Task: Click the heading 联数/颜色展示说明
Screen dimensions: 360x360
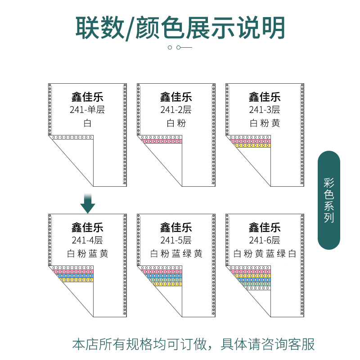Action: coord(180,28)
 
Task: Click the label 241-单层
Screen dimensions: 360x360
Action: coord(87,109)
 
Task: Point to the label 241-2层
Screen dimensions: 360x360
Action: coord(176,109)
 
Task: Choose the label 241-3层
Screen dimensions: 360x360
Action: coord(265,109)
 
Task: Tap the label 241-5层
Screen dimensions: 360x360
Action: coord(176,240)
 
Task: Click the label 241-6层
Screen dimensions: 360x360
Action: coord(265,240)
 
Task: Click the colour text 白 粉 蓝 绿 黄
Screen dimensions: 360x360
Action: coord(176,254)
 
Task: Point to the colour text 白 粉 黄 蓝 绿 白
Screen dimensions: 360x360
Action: coord(265,254)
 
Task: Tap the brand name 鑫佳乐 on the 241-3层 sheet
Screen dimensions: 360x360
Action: coord(265,96)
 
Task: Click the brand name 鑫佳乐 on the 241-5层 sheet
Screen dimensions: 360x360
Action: coord(176,227)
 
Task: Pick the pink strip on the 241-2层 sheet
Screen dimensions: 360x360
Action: coord(162,141)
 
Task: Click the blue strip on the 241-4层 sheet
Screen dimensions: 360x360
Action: coord(75,276)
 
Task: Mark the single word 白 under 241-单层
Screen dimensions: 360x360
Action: coord(87,123)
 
